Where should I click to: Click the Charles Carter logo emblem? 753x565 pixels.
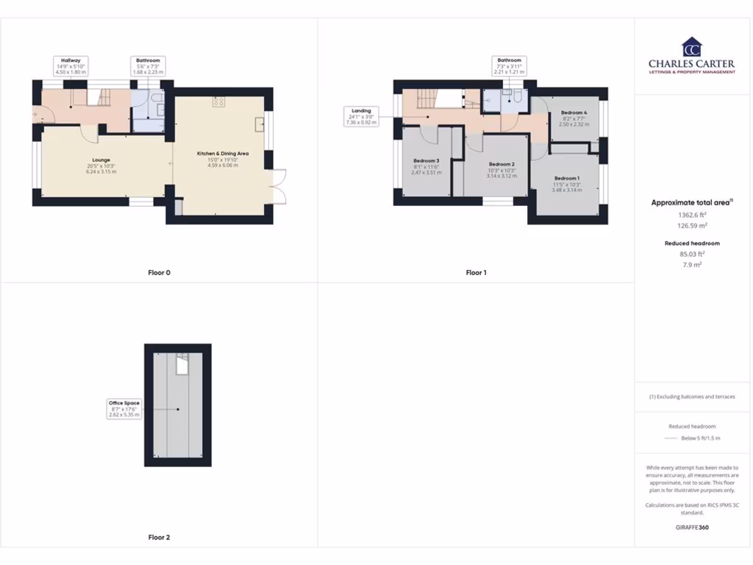pyautogui.click(x=691, y=47)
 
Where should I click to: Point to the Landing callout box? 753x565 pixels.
pyautogui.click(x=361, y=116)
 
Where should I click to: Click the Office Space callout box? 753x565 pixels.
pyautogui.click(x=124, y=408)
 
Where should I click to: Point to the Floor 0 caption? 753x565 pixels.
pyautogui.click(x=159, y=273)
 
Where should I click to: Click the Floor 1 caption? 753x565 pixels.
pyautogui.click(x=477, y=273)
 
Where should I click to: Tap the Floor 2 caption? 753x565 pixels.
pyautogui.click(x=159, y=538)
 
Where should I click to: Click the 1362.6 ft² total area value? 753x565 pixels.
pyautogui.click(x=691, y=215)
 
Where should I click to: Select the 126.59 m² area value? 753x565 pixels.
pyautogui.click(x=691, y=226)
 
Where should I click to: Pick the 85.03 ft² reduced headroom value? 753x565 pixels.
pyautogui.click(x=691, y=254)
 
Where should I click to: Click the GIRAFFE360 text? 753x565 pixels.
pyautogui.click(x=691, y=527)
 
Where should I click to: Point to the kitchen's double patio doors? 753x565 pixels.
pyautogui.click(x=278, y=185)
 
